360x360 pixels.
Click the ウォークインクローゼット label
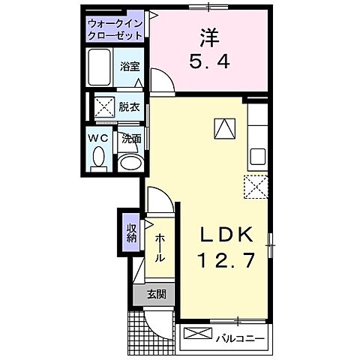(116, 30)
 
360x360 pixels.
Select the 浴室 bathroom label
(129, 67)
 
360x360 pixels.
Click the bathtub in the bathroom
(100, 68)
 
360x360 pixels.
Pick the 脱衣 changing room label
(129, 106)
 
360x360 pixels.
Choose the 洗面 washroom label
(132, 137)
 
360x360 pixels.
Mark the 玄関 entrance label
(156, 294)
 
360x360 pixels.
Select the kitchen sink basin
(258, 157)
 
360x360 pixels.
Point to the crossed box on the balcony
(195, 334)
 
